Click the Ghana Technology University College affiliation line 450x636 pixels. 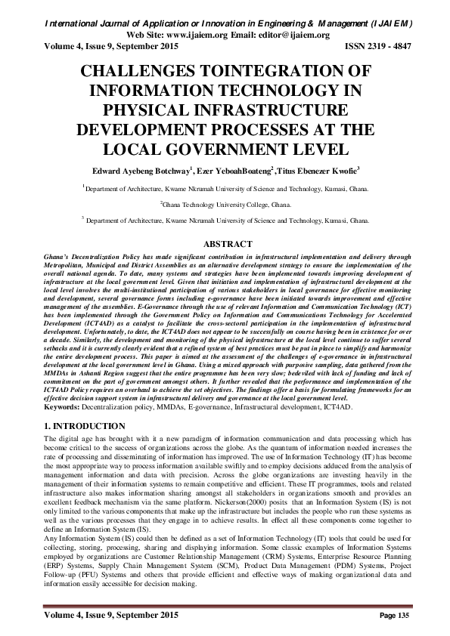pos(225,204)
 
